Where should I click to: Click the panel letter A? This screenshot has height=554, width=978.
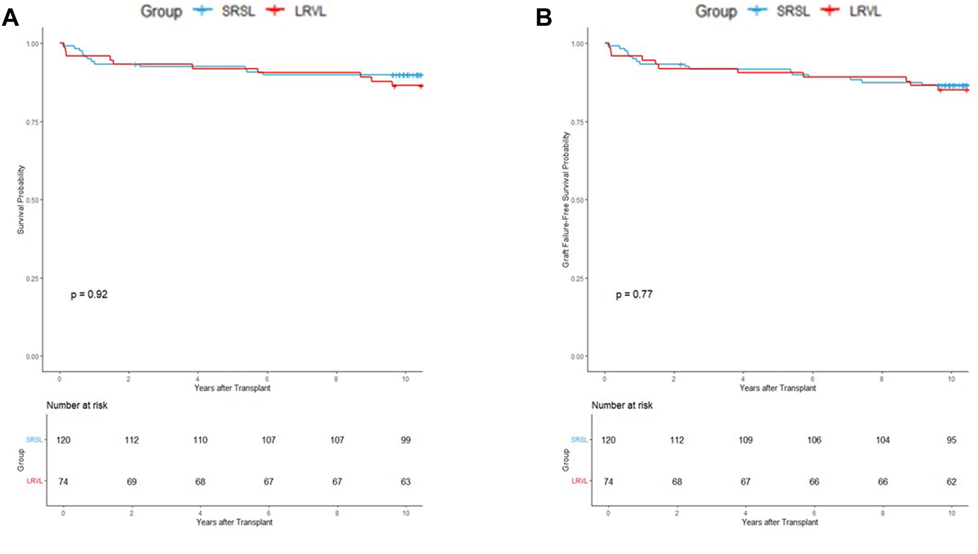pyautogui.click(x=10, y=17)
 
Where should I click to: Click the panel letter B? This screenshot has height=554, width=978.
pyautogui.click(x=544, y=17)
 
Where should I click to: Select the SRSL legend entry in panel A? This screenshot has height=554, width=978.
pyautogui.click(x=238, y=11)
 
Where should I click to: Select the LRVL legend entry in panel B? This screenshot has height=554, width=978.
pyautogui.click(x=865, y=11)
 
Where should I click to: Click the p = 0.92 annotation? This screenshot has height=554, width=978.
pyautogui.click(x=89, y=295)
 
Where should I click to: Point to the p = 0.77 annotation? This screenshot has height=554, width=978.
pyautogui.click(x=634, y=295)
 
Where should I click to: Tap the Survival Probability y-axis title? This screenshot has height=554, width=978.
pyautogui.click(x=21, y=200)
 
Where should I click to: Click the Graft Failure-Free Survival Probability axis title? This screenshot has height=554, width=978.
pyautogui.click(x=566, y=200)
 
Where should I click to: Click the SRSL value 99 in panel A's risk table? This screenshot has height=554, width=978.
pyautogui.click(x=405, y=440)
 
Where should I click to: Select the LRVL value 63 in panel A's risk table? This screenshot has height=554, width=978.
pyautogui.click(x=405, y=481)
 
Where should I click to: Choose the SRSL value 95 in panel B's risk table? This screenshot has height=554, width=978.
pyautogui.click(x=951, y=440)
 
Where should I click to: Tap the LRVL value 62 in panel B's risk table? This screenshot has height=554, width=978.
pyautogui.click(x=951, y=481)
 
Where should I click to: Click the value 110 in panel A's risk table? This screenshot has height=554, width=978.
pyautogui.click(x=200, y=440)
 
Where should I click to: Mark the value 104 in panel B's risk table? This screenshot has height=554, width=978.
pyautogui.click(x=882, y=440)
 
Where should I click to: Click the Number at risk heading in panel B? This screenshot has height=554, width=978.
pyautogui.click(x=622, y=405)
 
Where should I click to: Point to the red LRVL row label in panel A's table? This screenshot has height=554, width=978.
pyautogui.click(x=35, y=481)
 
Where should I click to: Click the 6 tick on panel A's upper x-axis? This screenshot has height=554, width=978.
pyautogui.click(x=267, y=379)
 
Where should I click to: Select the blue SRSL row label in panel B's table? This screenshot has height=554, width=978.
pyautogui.click(x=579, y=440)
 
